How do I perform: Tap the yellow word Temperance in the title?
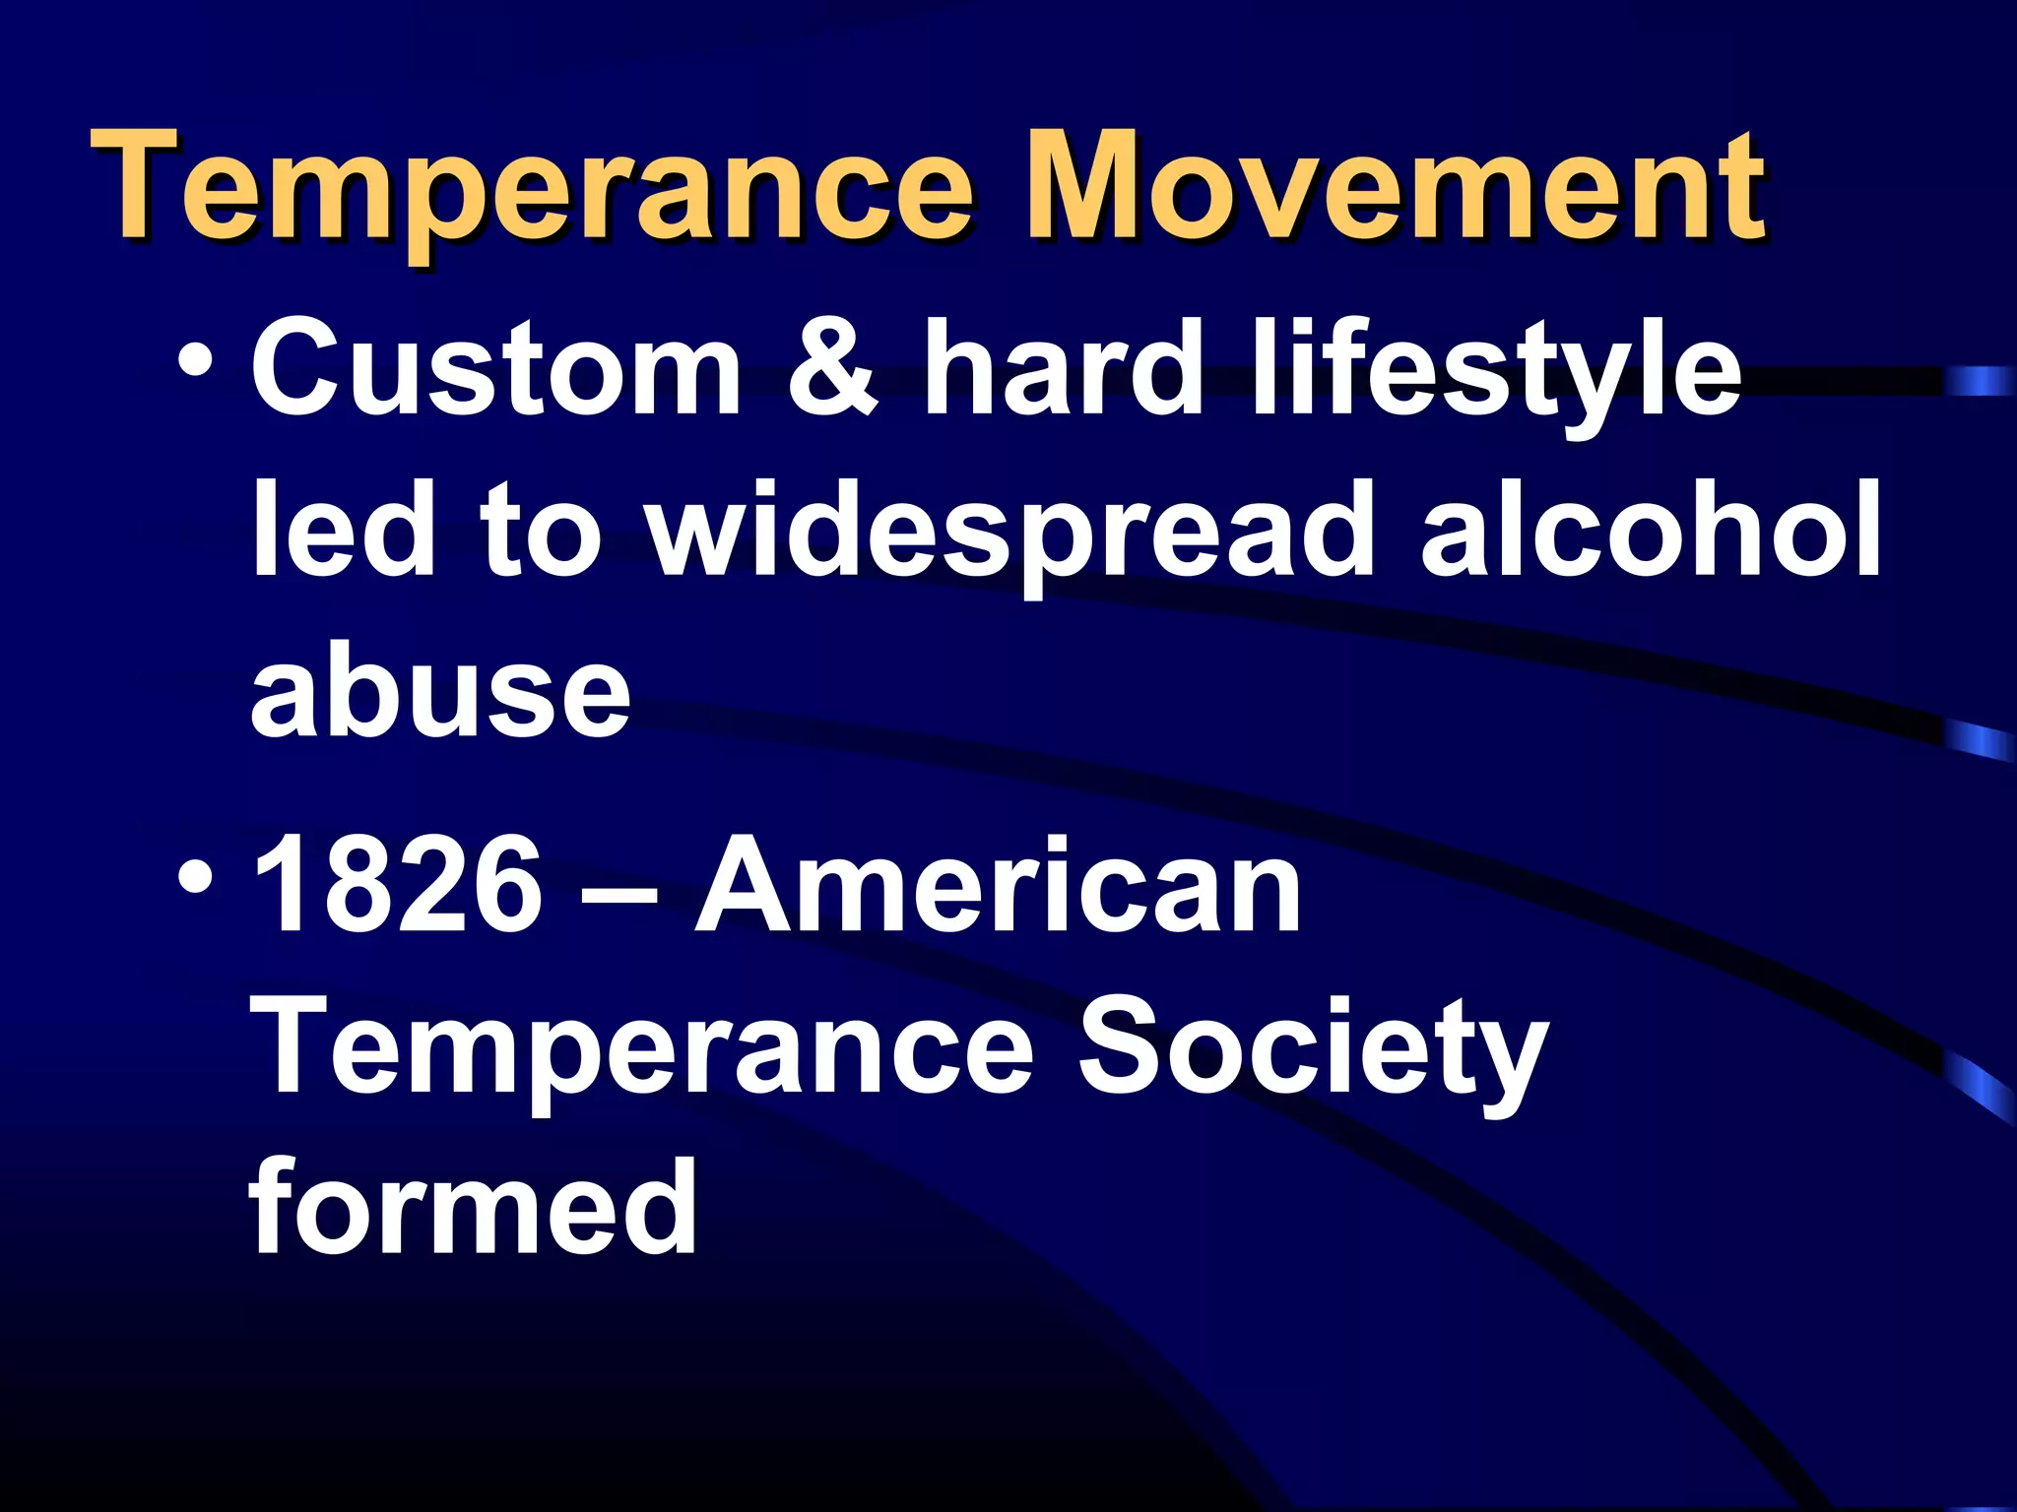point(533,192)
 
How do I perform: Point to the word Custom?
point(496,369)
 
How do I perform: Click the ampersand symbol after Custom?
point(832,369)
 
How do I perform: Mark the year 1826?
point(397,886)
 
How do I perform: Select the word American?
point(999,886)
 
